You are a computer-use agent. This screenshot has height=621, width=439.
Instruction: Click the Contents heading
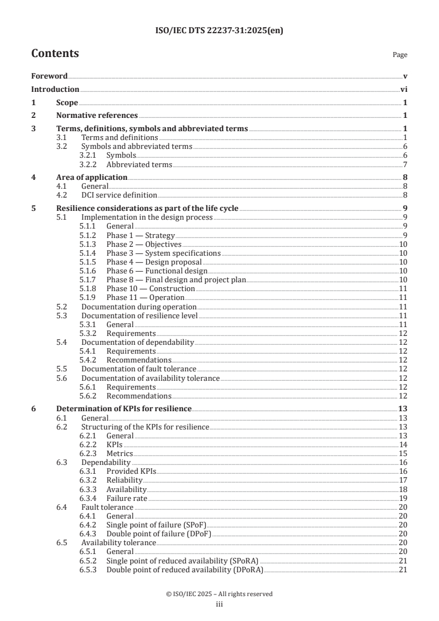(55, 54)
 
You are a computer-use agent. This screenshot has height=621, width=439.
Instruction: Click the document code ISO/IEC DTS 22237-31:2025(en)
(219, 31)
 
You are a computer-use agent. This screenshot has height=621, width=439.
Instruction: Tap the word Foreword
(49, 76)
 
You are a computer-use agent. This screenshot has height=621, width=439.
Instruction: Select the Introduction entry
(55, 89)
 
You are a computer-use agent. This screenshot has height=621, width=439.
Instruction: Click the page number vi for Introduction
(404, 89)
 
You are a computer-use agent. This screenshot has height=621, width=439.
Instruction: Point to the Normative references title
(97, 116)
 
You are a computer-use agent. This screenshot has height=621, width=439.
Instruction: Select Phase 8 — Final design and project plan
(176, 280)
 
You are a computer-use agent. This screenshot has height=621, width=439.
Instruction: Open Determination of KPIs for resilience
(124, 409)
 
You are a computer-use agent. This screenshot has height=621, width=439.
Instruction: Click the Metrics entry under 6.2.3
(120, 453)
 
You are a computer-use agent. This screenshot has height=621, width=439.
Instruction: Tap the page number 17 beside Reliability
(404, 480)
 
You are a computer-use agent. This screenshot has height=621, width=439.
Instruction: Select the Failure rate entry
(127, 498)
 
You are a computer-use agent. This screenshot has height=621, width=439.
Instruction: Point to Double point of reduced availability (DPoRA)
(185, 570)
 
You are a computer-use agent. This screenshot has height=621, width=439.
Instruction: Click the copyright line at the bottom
(219, 594)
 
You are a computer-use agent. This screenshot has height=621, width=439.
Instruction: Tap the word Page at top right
(400, 55)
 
